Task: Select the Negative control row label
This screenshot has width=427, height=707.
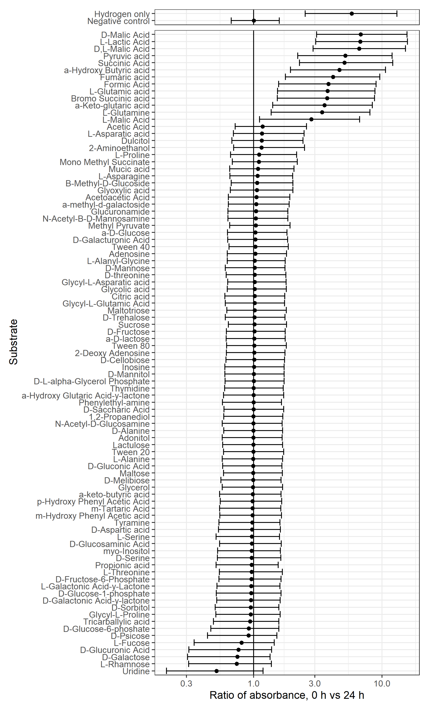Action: pos(118,21)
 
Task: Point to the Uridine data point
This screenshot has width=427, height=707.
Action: pos(216,671)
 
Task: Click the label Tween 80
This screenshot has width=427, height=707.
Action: pos(131,346)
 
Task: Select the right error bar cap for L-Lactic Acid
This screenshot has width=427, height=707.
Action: pos(407,42)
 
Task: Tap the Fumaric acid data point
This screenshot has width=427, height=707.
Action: pos(333,77)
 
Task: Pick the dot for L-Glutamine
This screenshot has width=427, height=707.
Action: pos(322,112)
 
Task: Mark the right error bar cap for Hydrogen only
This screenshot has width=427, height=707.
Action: pos(397,13)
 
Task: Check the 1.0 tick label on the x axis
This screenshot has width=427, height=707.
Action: pos(254,683)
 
